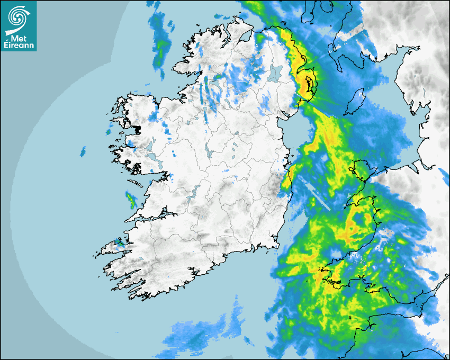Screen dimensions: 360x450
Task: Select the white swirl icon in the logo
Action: point(18,18)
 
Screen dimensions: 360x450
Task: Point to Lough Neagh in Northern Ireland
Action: point(275,73)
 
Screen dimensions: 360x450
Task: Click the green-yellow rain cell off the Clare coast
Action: point(130,201)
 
